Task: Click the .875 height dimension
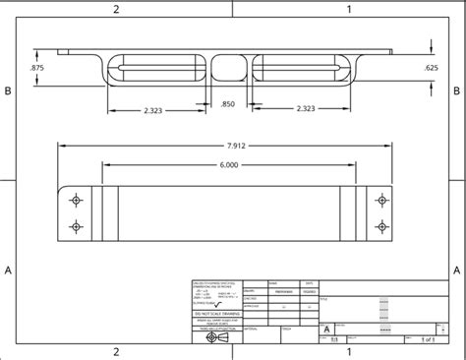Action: pyautogui.click(x=38, y=67)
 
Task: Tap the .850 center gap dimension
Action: pyautogui.click(x=227, y=103)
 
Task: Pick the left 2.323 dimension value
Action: pyautogui.click(x=153, y=112)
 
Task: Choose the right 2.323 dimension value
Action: pyautogui.click(x=304, y=112)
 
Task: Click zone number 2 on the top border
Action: pyautogui.click(x=116, y=9)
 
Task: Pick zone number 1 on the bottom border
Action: pyautogui.click(x=348, y=351)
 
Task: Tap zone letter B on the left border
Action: pyautogui.click(x=8, y=90)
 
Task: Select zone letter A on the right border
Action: pyautogui.click(x=457, y=268)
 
